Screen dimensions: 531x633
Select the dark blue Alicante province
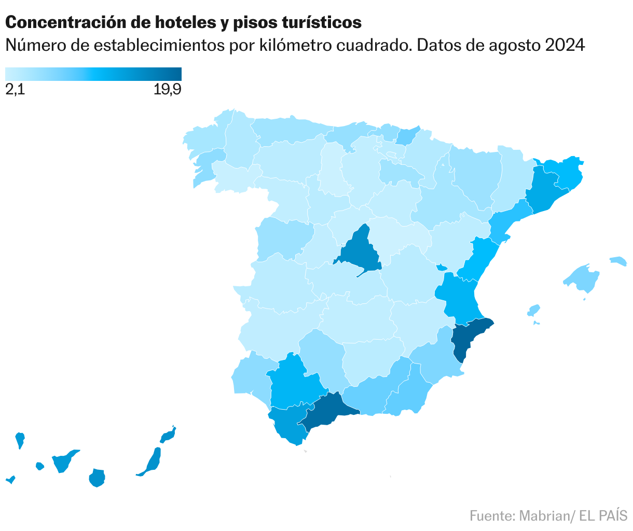(467, 337)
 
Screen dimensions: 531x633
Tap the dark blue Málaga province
(327, 410)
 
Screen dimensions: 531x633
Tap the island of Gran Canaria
(97, 478)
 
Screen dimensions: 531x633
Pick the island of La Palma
(20, 440)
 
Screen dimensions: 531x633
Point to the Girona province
(566, 171)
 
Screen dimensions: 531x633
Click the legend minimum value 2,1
(15, 90)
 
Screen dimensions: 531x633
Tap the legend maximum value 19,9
(167, 90)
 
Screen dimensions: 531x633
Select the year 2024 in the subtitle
(565, 46)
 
